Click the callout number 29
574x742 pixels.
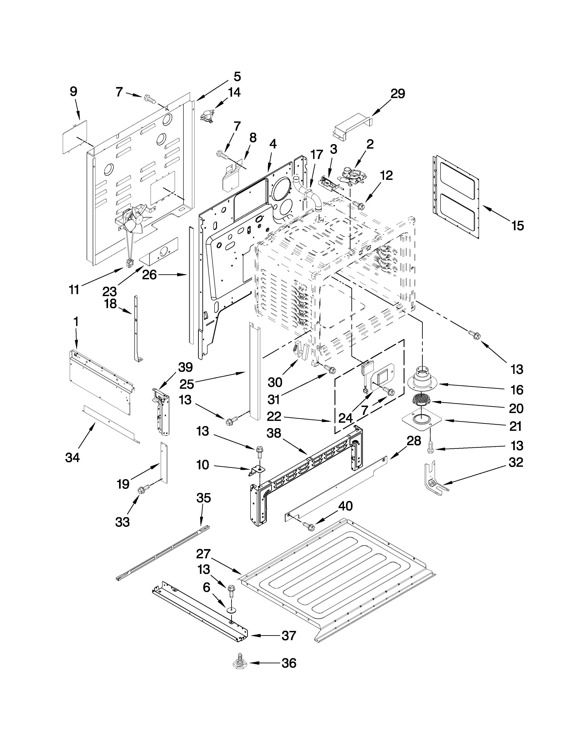tap(398, 94)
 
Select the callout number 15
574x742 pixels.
tap(518, 225)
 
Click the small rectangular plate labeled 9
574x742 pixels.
tap(75, 136)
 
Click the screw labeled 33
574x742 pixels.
tap(140, 490)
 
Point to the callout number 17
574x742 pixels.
tap(316, 155)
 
